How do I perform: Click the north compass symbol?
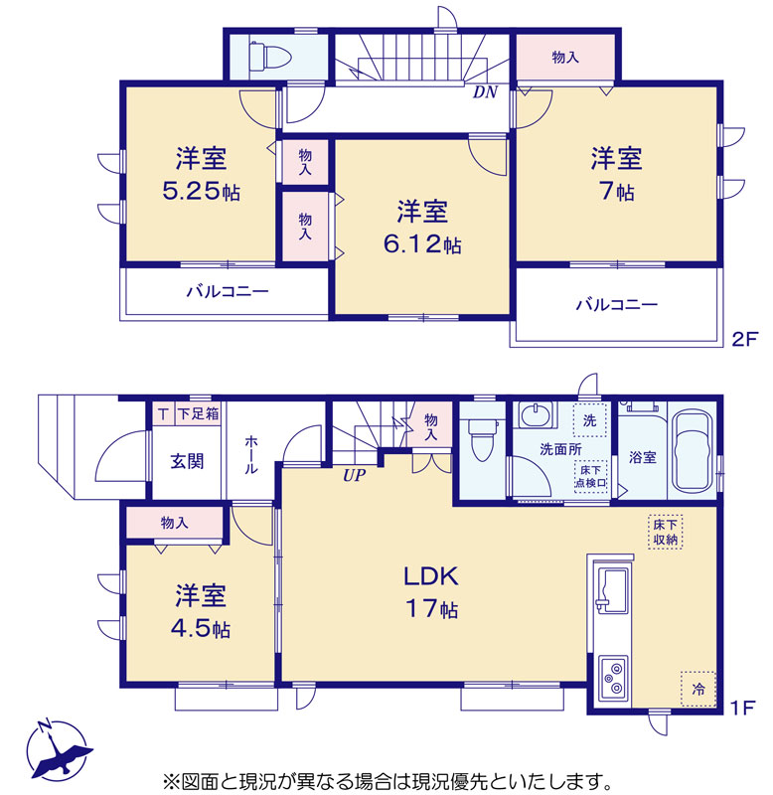click(59, 749)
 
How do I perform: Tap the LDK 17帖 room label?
click(431, 592)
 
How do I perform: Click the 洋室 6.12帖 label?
click(422, 228)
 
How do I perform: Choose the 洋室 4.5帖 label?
click(201, 611)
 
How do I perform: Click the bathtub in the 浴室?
click(692, 451)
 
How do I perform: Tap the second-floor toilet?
click(269, 55)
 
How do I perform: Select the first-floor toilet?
click(483, 439)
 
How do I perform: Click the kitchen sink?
click(613, 590)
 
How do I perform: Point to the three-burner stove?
click(614, 679)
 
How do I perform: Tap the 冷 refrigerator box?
click(697, 689)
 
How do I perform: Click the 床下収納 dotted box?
click(665, 532)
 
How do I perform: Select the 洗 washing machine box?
click(589, 419)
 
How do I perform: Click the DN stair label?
click(485, 92)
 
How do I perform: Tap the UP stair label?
click(354, 475)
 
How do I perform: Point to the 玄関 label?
click(187, 461)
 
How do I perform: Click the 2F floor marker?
click(744, 339)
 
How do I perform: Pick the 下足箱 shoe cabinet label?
click(198, 413)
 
